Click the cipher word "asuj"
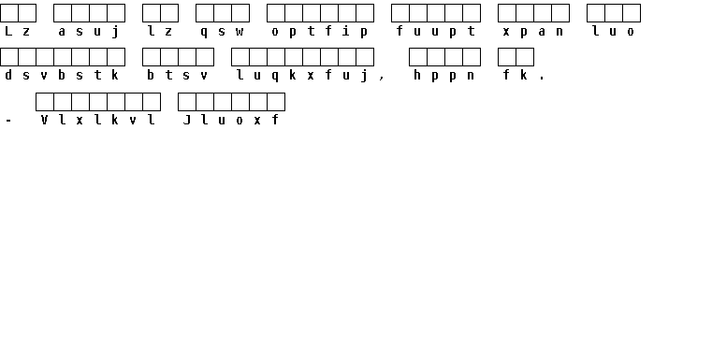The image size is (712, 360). point(89,32)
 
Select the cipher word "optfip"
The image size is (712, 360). point(320,32)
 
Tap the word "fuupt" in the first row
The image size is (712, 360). point(436,31)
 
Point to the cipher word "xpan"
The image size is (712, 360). point(533,32)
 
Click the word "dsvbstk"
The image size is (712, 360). point(62,75)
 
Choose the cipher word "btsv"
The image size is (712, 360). point(178,75)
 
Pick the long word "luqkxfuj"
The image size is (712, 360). point(302,76)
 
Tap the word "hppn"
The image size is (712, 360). point(444,76)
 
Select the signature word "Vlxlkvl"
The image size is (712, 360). point(98,120)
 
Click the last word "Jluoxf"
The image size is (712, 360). point(231,120)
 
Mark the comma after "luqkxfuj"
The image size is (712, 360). point(382,79)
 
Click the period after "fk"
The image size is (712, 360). point(542,79)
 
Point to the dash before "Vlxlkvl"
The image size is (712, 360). point(8,121)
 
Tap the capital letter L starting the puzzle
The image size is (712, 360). point(8,31)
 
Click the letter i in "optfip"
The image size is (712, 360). point(346,31)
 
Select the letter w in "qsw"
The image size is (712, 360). point(240,32)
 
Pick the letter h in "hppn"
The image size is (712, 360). point(417,75)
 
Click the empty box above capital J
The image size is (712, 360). point(186,102)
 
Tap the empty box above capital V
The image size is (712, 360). point(45,102)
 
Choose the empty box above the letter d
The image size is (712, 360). point(9,57)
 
